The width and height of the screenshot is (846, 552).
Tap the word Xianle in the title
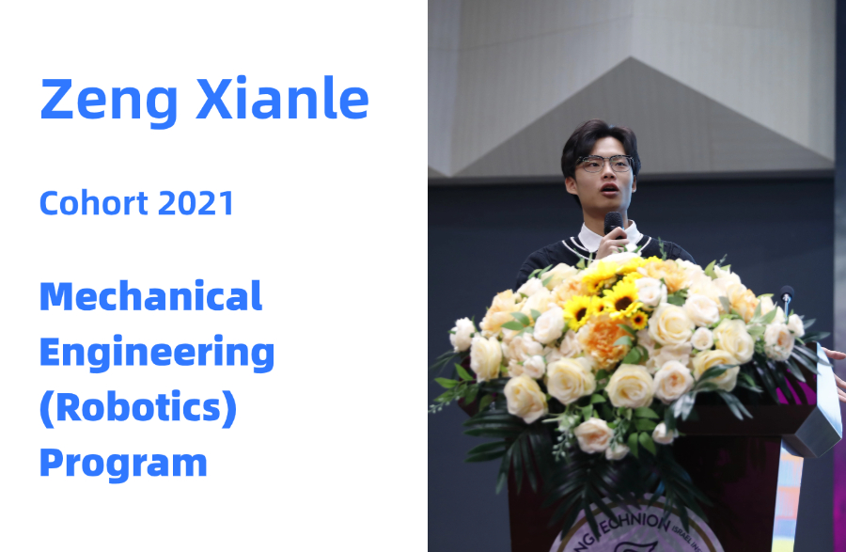coord(282,98)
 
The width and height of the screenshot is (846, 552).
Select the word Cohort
coord(94,203)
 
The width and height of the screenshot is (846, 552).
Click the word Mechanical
coord(151,295)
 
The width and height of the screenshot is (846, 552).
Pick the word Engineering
coord(157,353)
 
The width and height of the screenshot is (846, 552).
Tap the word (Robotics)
coord(138,407)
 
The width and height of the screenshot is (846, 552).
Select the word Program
coord(123,463)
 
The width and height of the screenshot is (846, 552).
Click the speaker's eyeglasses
coord(604,163)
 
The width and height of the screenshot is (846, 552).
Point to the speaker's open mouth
coord(610,189)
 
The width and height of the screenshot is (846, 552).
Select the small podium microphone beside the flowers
coord(787,298)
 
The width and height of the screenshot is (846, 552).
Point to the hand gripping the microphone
coord(613,243)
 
